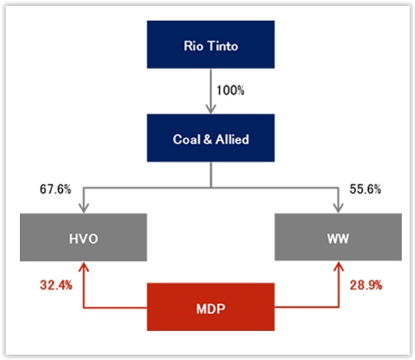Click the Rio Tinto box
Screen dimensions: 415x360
tap(211, 44)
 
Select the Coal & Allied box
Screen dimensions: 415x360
tap(211, 138)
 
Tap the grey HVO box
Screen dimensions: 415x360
tap(83, 237)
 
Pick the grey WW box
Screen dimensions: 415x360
tap(338, 237)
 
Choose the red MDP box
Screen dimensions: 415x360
tap(211, 307)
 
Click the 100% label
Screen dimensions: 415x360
tap(230, 90)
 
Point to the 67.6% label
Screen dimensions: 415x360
tap(56, 189)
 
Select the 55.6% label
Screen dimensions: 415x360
tap(365, 189)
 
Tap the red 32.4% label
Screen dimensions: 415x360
tap(56, 285)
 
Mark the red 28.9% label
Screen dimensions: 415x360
tap(366, 285)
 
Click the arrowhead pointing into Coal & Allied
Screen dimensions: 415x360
tap(211, 109)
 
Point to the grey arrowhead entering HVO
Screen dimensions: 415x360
tap(84, 208)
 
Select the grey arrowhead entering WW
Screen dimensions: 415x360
tap(338, 208)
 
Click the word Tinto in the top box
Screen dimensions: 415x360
tap(222, 46)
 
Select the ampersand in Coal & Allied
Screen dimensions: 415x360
tap(207, 139)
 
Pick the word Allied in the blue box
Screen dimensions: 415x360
tap(232, 139)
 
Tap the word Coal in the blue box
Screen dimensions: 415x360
tap(187, 139)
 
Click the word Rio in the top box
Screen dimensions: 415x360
tap(193, 46)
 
